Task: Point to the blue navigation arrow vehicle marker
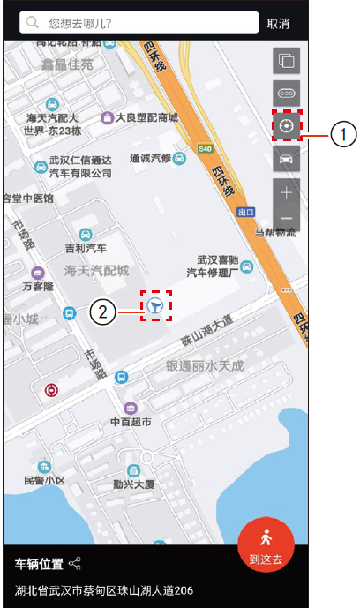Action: [155, 305]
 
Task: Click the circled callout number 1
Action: [344, 134]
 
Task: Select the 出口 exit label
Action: [245, 213]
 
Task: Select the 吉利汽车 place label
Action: [86, 249]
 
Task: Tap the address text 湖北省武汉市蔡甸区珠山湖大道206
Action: [104, 589]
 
